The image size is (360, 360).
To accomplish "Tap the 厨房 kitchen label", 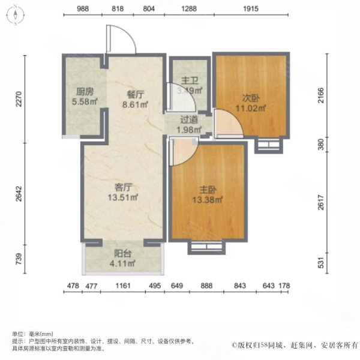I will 84,93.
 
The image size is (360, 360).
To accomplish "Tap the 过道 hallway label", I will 186,121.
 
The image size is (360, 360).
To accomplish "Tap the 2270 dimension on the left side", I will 19,99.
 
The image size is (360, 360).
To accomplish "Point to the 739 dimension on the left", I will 19,259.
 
